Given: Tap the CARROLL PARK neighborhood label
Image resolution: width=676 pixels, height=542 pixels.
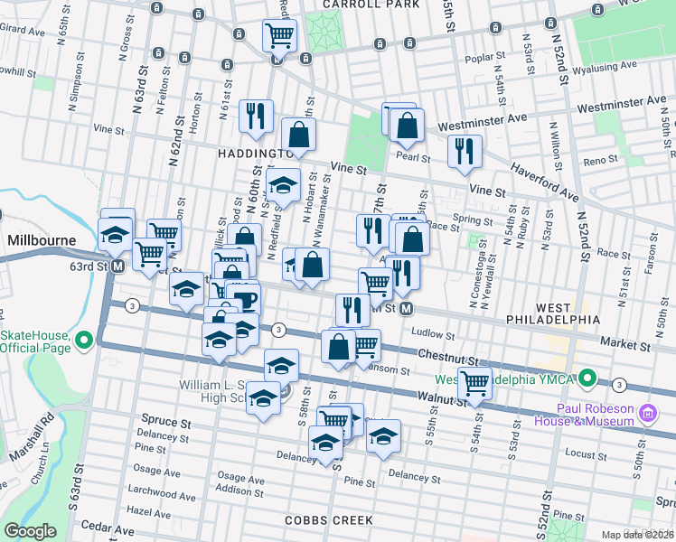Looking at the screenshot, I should (x=371, y=5).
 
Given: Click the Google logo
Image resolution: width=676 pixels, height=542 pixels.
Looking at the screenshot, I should (x=30, y=531).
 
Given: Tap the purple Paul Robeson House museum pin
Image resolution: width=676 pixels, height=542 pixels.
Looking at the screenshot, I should (x=647, y=415).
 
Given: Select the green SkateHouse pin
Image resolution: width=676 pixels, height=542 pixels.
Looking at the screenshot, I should (x=85, y=341).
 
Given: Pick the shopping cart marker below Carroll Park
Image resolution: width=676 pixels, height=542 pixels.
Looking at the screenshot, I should (x=279, y=37).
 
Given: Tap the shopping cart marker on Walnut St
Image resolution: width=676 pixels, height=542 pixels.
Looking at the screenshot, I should (x=474, y=383).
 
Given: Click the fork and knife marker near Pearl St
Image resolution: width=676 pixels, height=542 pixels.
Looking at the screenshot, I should (x=465, y=151).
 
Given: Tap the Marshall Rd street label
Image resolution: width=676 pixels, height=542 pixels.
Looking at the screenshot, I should (x=45, y=435).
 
